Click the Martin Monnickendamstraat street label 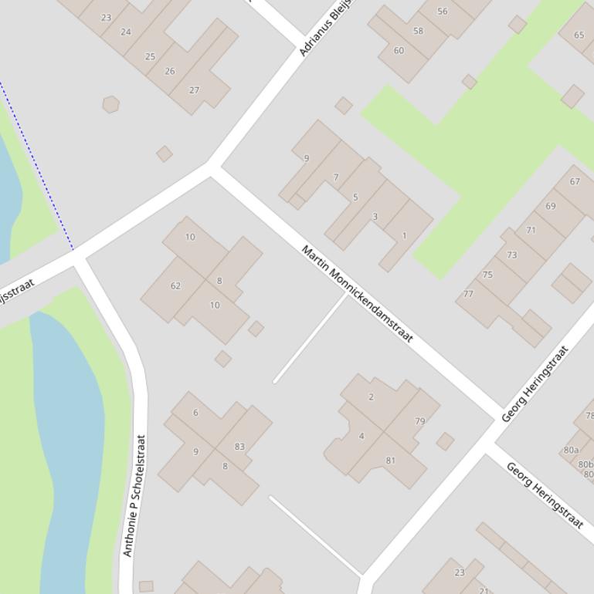(357, 294)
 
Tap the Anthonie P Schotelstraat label (134, 495)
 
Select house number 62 (175, 285)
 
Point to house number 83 (239, 447)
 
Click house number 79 (419, 421)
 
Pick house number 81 (390, 461)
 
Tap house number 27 (194, 90)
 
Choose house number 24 (126, 32)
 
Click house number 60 (399, 50)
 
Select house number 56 (442, 12)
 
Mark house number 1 (403, 235)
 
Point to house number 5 (355, 197)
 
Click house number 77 (468, 294)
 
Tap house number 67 (575, 182)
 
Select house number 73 (511, 255)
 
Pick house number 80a (571, 451)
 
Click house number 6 (195, 413)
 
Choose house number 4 (361, 437)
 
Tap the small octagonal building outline (110, 104)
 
